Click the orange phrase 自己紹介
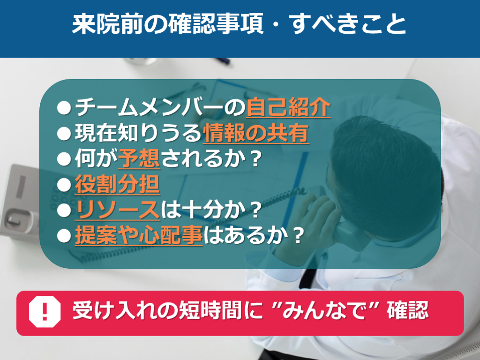click(x=288, y=107)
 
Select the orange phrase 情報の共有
click(x=256, y=133)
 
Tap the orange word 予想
click(x=139, y=158)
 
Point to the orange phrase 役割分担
click(x=118, y=184)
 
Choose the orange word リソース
click(x=118, y=210)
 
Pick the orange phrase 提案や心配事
click(x=139, y=236)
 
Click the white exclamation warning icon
click(x=45, y=312)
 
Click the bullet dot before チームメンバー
click(x=64, y=107)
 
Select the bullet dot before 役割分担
click(x=64, y=185)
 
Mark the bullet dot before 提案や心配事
click(x=64, y=236)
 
